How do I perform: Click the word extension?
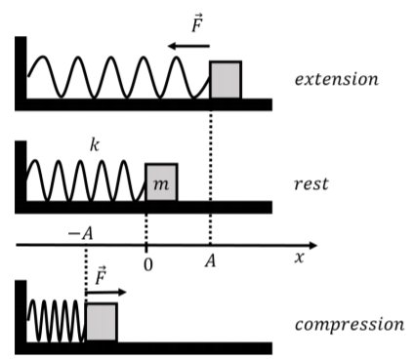pyautogui.click(x=337, y=79)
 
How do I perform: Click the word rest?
pyautogui.click(x=311, y=184)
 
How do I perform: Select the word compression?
pyautogui.click(x=350, y=325)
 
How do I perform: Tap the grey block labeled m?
pyautogui.click(x=162, y=182)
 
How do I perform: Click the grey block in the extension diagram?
pyautogui.click(x=226, y=80)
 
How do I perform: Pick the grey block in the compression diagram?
pyautogui.click(x=102, y=322)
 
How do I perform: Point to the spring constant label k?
pyautogui.click(x=95, y=145)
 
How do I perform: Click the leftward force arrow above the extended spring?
pyautogui.click(x=188, y=46)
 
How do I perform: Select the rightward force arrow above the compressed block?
pyautogui.click(x=105, y=292)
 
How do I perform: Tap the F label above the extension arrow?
pyautogui.click(x=197, y=23)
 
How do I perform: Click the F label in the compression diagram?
pyautogui.click(x=101, y=275)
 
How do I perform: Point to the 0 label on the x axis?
pyautogui.click(x=147, y=265)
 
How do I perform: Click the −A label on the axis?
pyautogui.click(x=80, y=233)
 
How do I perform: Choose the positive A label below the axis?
pyautogui.click(x=210, y=260)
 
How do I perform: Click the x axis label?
pyautogui.click(x=300, y=258)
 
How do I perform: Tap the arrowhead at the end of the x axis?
pyautogui.click(x=312, y=245)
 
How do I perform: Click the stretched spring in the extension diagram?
pyautogui.click(x=118, y=77)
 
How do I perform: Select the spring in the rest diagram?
pyautogui.click(x=86, y=180)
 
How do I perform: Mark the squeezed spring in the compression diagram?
pyautogui.click(x=57, y=321)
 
